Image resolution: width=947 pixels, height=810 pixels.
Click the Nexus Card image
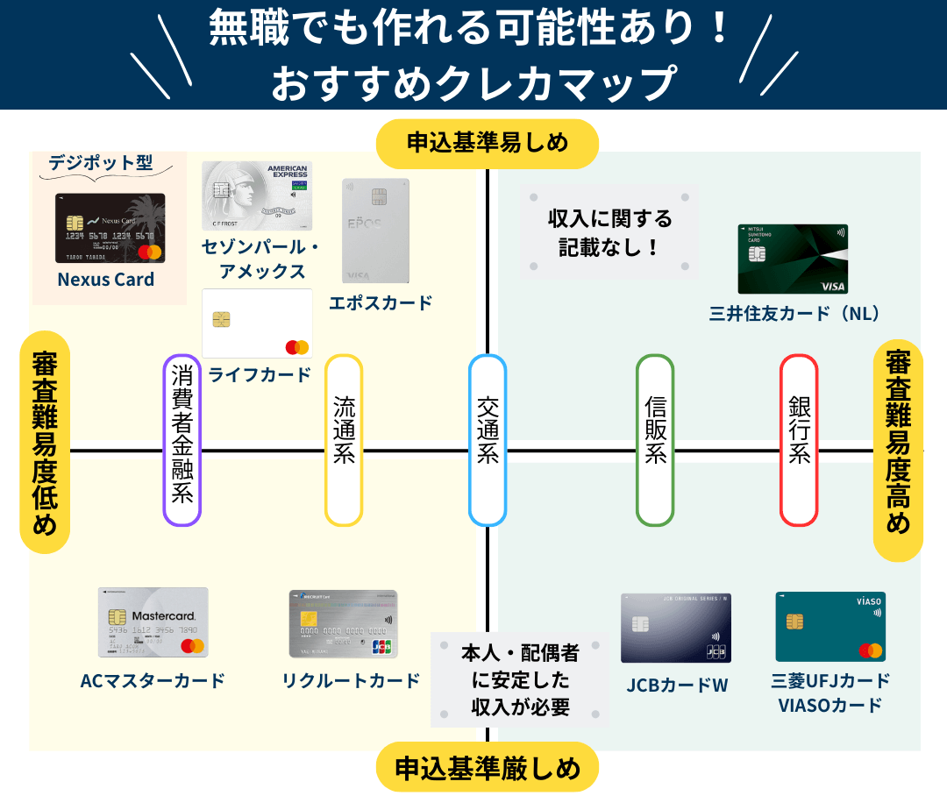point(110,228)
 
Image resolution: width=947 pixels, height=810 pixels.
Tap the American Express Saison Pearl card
point(257,195)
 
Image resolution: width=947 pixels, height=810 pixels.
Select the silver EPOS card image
point(375,231)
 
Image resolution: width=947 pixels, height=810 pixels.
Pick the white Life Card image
point(257,323)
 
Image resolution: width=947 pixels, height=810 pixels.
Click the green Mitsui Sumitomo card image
point(793,259)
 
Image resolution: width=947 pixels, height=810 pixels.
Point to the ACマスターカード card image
point(153,622)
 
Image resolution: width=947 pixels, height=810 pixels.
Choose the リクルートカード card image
point(343,623)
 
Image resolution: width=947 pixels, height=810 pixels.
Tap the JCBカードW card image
point(676,628)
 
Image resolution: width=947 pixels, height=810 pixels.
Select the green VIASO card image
point(830,626)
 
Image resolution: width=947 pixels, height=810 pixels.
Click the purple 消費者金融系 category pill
point(182,439)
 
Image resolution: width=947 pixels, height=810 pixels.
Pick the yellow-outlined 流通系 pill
point(344,439)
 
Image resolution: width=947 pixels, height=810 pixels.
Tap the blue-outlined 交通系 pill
point(488,439)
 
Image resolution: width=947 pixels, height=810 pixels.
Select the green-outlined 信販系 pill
point(655,439)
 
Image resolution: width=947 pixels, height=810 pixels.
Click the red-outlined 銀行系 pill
point(799,439)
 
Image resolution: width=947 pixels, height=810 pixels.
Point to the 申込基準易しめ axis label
point(488,143)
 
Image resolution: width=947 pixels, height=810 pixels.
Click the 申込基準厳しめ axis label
point(488,768)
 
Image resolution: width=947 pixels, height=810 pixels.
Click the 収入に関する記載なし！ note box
point(609,232)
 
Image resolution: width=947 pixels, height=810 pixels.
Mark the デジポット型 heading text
point(101,163)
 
